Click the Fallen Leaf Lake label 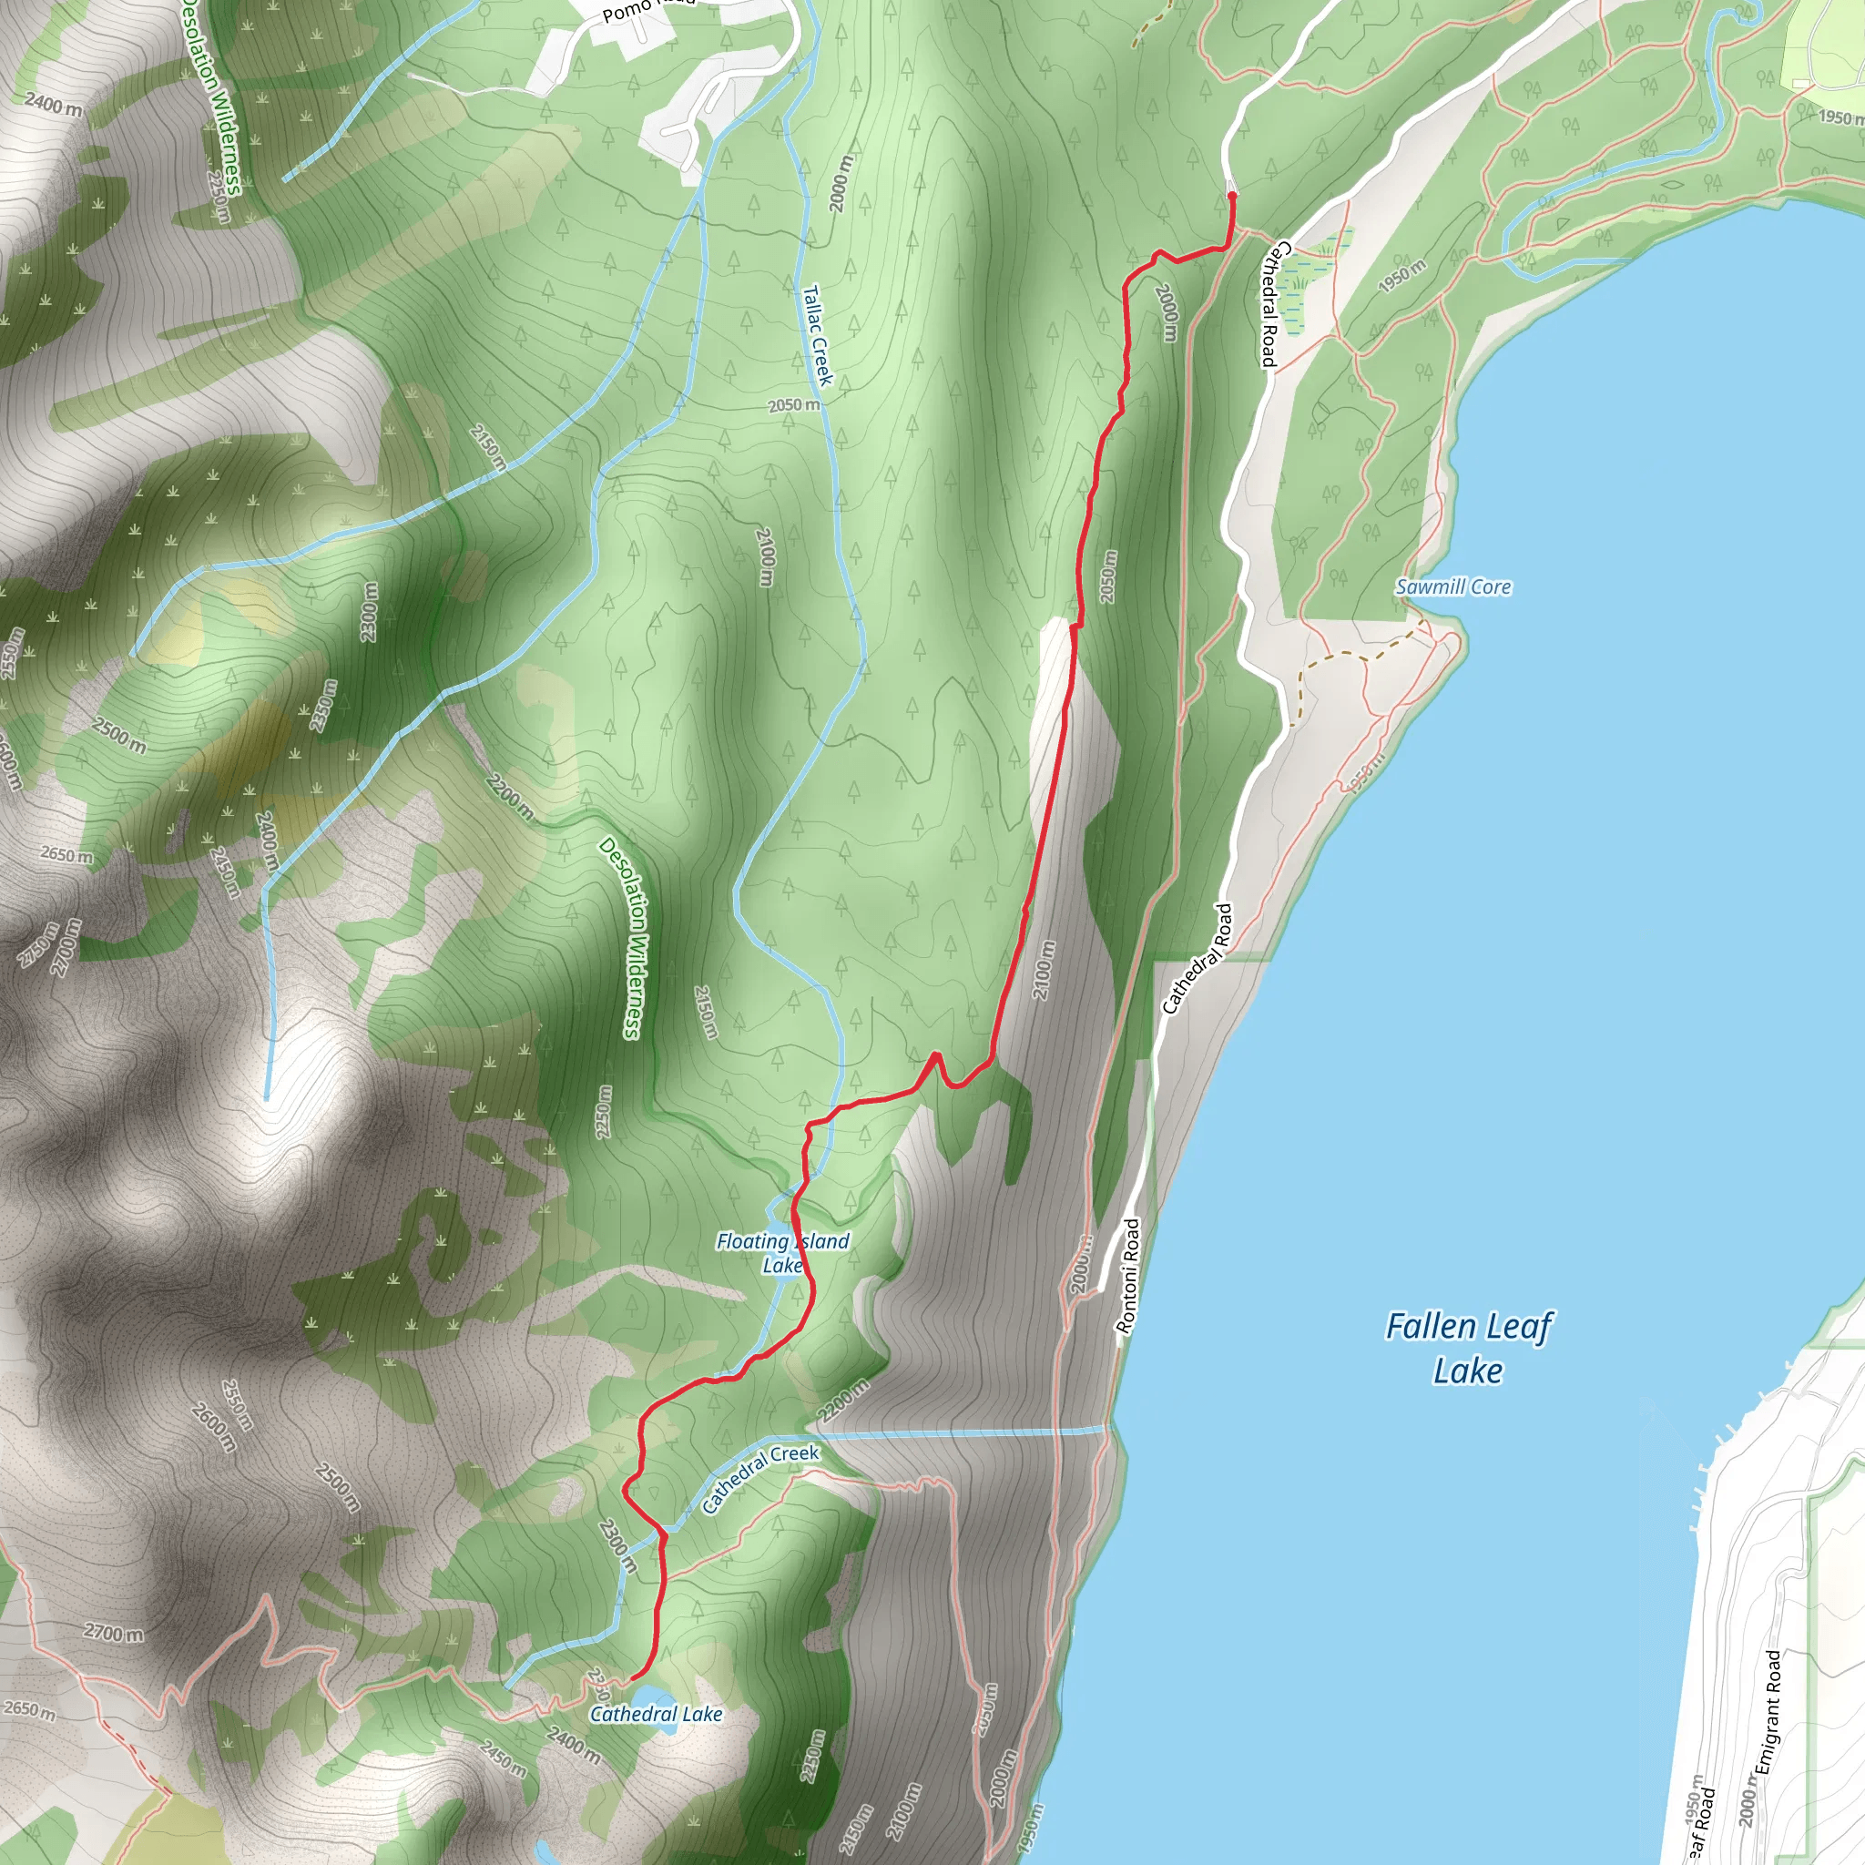coord(1468,1349)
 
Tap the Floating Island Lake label coord(782,1253)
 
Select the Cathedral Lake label coord(656,1715)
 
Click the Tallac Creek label coord(817,335)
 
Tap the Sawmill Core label coord(1452,587)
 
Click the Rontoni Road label coord(1127,1276)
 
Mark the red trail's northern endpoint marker coord(1232,196)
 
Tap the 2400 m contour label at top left coord(52,103)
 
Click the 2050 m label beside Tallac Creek coord(793,405)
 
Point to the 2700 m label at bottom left coord(113,1634)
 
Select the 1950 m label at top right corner coord(1840,117)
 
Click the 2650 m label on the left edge coord(66,854)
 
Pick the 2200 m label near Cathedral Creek coord(842,1400)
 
